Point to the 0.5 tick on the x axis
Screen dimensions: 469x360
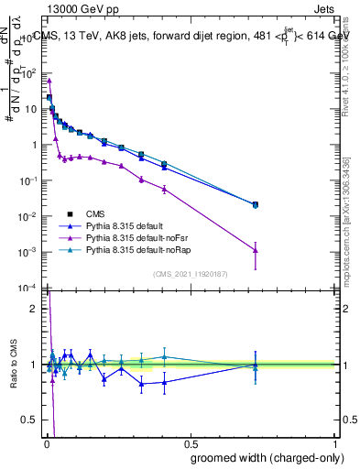(x=190, y=442)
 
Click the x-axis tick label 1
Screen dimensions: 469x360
(x=335, y=442)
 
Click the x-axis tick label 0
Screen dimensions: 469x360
(x=46, y=442)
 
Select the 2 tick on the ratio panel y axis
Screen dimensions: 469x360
(x=34, y=309)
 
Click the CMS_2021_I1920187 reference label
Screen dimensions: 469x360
(x=190, y=273)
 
